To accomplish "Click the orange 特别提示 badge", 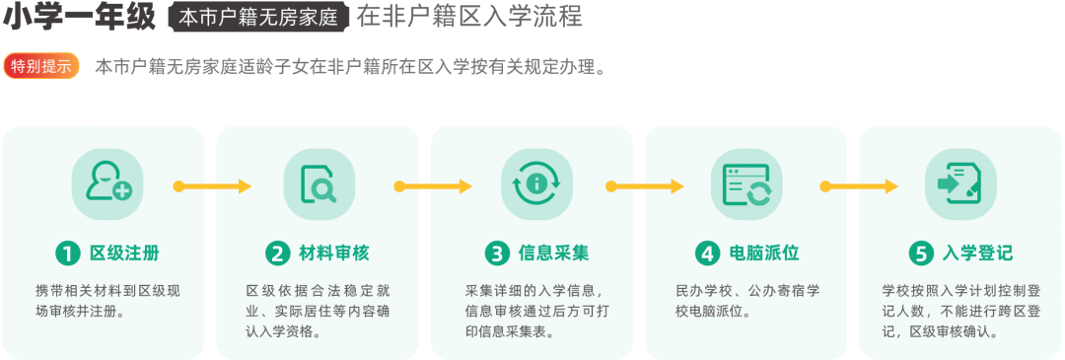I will pos(41,67).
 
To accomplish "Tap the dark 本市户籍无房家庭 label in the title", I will pos(258,17).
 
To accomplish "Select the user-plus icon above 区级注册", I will pos(107,184).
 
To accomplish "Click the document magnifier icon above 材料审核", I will pos(319,184).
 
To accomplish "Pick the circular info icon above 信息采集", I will pos(536,184).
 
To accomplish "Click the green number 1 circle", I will pos(67,253).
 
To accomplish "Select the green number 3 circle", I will pos(497,253).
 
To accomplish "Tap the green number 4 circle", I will pos(707,253).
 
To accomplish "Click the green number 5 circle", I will pos(921,253).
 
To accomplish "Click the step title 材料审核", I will pos(334,253).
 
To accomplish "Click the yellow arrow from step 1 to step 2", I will pos(213,186).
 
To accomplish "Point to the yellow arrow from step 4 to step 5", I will pos(859,186).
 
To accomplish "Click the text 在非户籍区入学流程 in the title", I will pos(469,17).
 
